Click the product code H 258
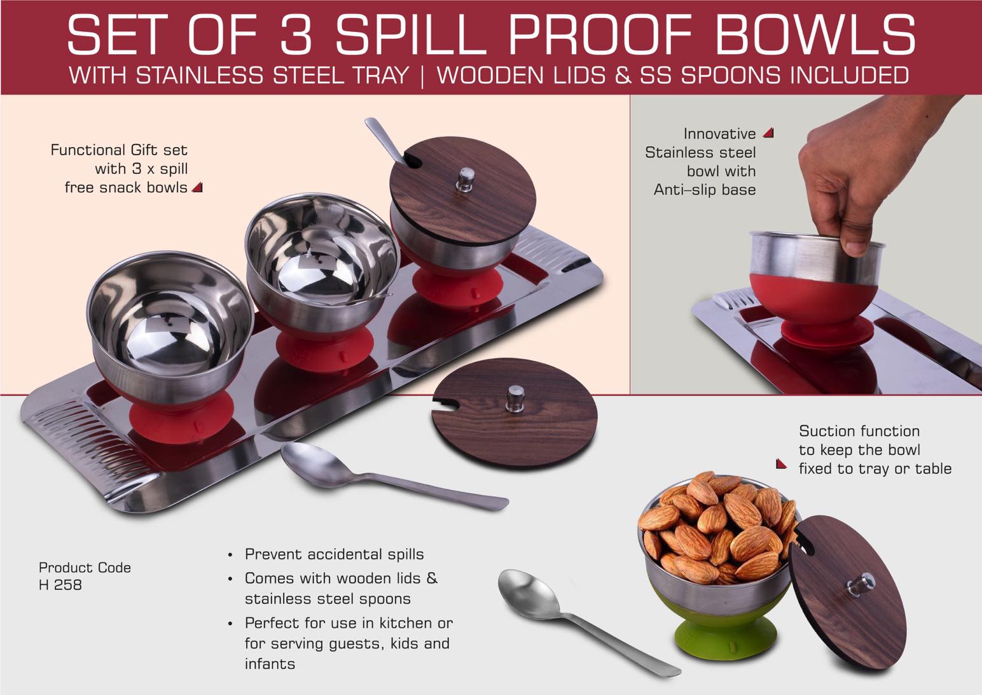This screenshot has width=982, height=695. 60,584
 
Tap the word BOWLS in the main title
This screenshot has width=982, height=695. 816,35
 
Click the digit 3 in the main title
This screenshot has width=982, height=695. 295,35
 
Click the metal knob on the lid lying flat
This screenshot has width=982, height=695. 515,398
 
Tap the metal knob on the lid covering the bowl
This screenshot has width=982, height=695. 466,179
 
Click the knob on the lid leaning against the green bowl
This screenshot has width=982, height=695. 862,585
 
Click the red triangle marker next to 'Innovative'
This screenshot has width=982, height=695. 768,133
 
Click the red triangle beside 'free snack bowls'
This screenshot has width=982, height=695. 197,187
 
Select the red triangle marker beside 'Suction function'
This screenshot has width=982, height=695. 781,464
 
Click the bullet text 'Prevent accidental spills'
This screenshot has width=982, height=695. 334,554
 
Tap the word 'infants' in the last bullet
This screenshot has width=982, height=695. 270,664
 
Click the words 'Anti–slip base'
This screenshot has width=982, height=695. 704,190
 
